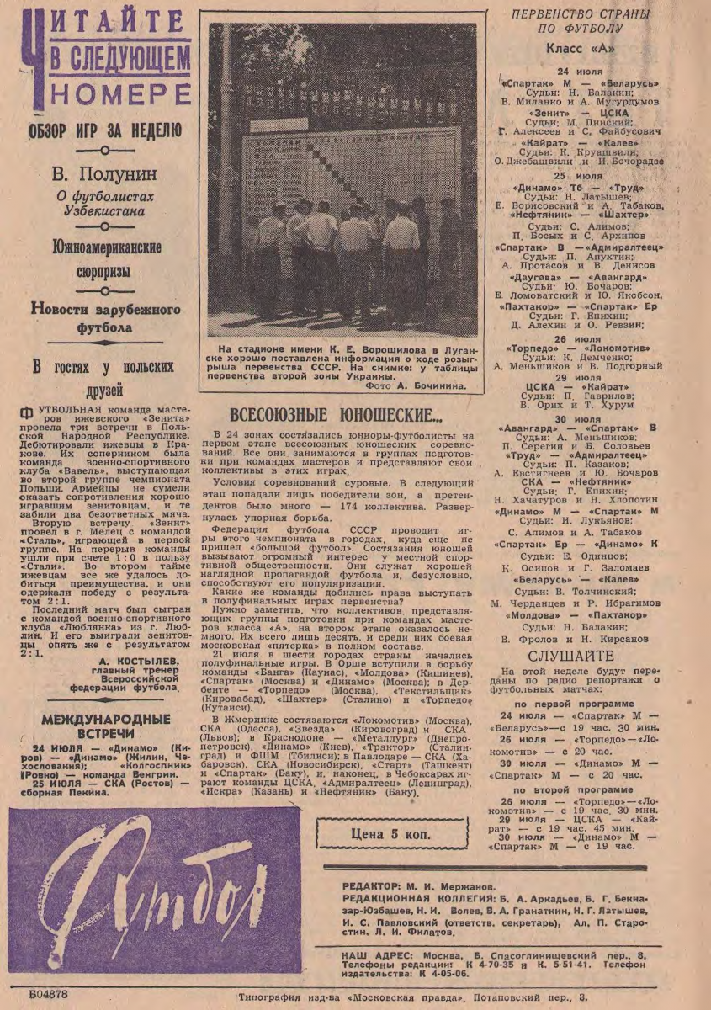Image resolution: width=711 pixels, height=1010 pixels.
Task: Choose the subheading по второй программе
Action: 574,789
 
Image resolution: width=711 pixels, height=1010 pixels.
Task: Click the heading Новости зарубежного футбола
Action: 104,318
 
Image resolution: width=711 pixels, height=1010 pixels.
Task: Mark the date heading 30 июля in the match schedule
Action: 577,418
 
